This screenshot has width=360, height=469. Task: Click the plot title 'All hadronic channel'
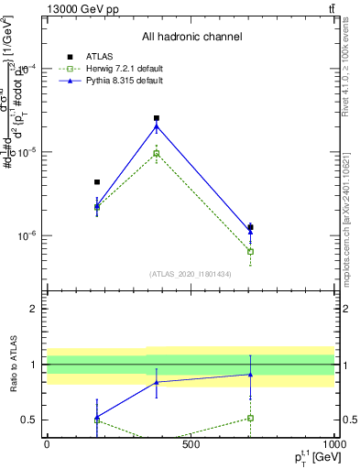[x=191, y=37]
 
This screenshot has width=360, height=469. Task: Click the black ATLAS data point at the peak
[x=157, y=118]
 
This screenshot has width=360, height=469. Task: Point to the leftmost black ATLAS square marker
[x=97, y=182]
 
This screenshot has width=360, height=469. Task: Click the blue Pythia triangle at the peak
[x=157, y=126]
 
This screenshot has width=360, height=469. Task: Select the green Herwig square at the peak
[x=157, y=153]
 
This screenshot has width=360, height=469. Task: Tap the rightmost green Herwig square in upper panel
[x=250, y=251]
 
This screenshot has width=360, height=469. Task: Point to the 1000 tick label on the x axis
[x=333, y=444]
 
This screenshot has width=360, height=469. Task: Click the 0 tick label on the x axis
[x=47, y=444]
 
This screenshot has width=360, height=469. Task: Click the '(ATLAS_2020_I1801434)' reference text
[x=191, y=274]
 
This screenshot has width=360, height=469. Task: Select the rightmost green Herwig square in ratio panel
[x=250, y=418]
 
